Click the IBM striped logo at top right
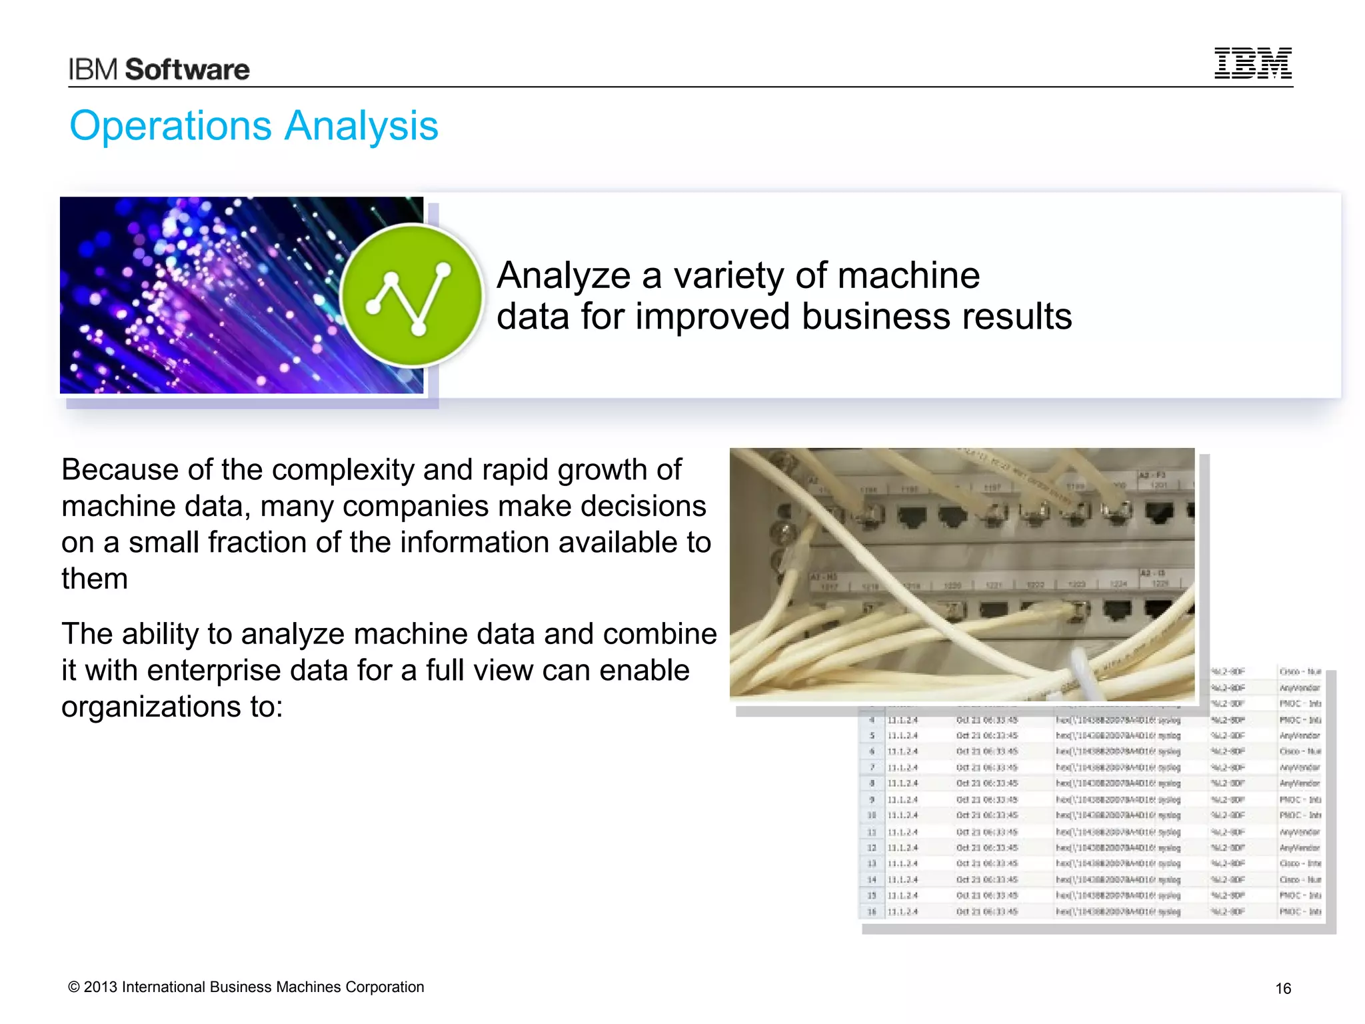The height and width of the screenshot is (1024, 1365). [x=1252, y=63]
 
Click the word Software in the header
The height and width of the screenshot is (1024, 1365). [x=187, y=70]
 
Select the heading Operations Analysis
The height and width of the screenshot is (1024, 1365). [x=254, y=126]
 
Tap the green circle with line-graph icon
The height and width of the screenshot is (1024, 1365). [x=411, y=295]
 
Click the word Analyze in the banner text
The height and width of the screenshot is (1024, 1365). [x=563, y=275]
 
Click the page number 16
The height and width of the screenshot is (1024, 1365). [x=1283, y=989]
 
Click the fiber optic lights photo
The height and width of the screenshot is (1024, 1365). [x=200, y=295]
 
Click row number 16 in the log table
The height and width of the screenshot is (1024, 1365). [x=872, y=911]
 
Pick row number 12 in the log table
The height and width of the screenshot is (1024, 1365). [x=872, y=847]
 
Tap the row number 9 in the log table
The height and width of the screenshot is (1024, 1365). [x=872, y=799]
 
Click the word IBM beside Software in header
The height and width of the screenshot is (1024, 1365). [x=93, y=70]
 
